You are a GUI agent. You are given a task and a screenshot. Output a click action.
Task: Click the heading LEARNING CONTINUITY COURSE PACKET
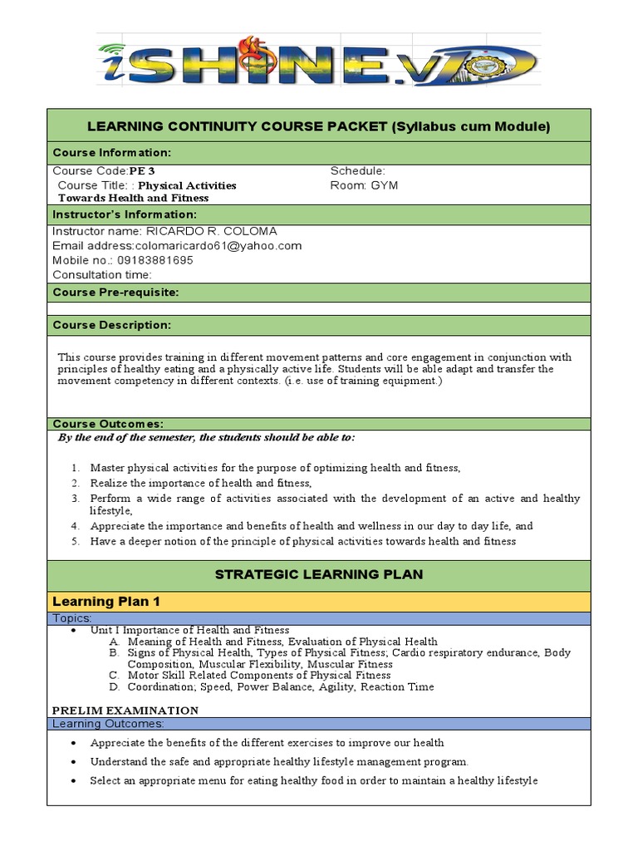tap(318, 126)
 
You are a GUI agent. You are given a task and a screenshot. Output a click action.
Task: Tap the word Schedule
tap(357, 170)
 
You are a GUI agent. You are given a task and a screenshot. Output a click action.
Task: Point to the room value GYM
tap(384, 184)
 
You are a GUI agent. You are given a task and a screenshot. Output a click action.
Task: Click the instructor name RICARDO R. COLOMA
tap(211, 230)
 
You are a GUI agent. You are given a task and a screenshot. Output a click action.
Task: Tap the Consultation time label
tap(102, 274)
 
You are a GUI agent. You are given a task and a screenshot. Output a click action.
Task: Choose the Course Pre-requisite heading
tap(115, 293)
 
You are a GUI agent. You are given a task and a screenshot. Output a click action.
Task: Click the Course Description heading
tap(112, 324)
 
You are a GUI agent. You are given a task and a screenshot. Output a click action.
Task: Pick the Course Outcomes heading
tap(108, 424)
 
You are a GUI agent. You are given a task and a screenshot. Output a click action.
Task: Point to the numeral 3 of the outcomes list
tap(74, 498)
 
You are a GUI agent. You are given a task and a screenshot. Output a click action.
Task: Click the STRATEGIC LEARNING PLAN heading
tap(318, 574)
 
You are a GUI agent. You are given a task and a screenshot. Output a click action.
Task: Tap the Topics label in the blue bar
tap(71, 618)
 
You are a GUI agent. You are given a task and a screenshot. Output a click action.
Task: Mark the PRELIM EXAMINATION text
tap(125, 710)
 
